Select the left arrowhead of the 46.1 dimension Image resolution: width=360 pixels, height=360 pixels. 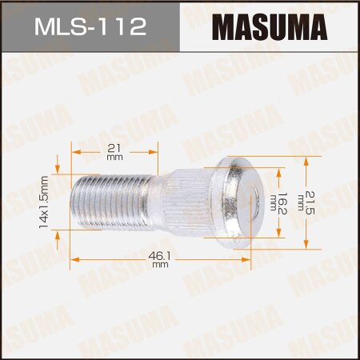point(74,259)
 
